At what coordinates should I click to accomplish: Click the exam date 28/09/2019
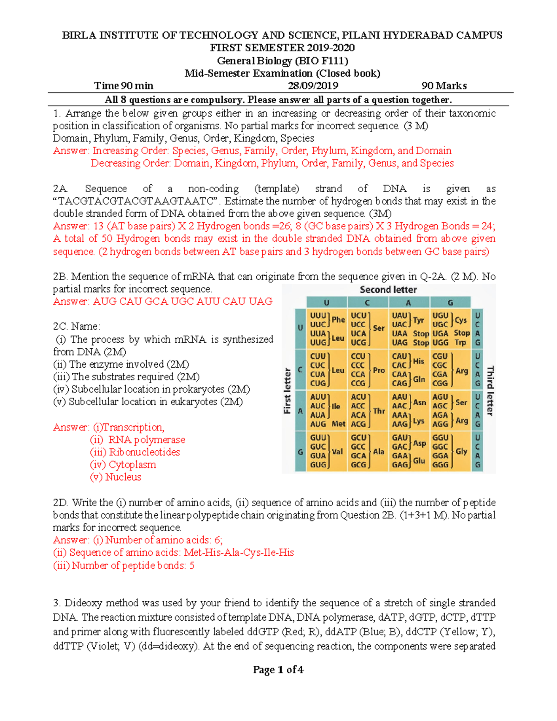(313, 86)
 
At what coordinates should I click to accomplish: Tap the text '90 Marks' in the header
(444, 86)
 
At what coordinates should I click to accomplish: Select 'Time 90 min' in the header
(123, 86)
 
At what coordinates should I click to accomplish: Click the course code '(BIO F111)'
(321, 61)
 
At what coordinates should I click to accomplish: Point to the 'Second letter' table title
(388, 290)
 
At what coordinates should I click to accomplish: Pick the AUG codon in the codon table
(318, 424)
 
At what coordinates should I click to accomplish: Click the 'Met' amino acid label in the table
(338, 424)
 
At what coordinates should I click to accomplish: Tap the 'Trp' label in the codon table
(460, 343)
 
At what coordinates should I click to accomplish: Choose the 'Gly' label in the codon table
(461, 451)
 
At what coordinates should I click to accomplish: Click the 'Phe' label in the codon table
(338, 319)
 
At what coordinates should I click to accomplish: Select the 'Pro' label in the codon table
(379, 370)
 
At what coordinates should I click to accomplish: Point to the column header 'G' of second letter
(450, 303)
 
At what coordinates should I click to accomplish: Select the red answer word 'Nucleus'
(123, 477)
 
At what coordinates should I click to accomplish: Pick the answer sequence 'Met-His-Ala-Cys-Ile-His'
(239, 552)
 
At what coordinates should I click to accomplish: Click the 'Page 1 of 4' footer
(278, 669)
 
